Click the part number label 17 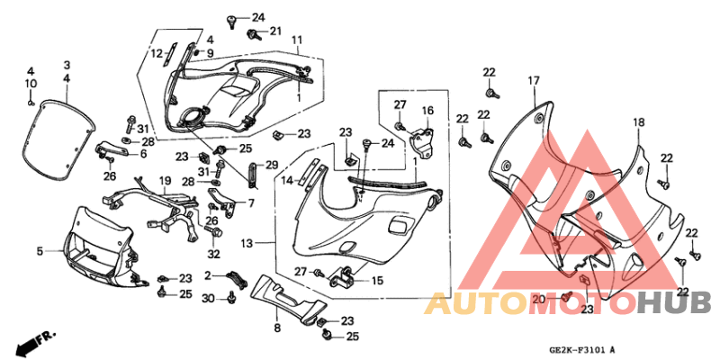[x=534, y=81]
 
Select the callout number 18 [x=639, y=122]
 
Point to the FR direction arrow [x=37, y=340]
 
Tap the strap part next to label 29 [x=253, y=175]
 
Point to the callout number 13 [x=247, y=243]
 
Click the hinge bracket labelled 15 [x=343, y=275]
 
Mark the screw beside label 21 [x=253, y=33]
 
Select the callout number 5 [x=40, y=251]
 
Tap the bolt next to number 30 [x=231, y=299]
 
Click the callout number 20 [x=538, y=300]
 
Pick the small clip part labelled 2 [x=234, y=279]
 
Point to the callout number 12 [x=157, y=54]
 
